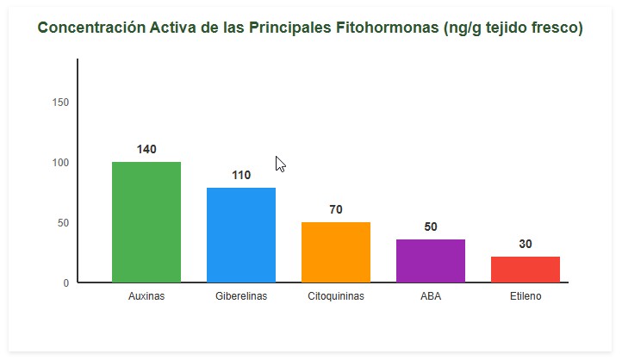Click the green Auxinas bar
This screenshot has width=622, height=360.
point(146,222)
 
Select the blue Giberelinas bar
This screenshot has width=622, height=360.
point(241,235)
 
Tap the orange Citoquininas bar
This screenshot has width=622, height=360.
point(336,252)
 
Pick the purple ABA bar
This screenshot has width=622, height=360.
point(431,261)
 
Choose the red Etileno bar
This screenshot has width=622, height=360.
point(526,270)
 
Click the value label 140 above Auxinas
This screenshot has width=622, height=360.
point(146,150)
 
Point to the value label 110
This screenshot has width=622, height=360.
point(241,176)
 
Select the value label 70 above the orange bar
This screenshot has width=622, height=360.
point(336,210)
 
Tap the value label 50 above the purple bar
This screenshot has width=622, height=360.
point(431,227)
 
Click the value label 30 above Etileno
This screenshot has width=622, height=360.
point(526,245)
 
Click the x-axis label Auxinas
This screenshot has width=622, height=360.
point(146,296)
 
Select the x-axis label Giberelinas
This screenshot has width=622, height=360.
point(241,296)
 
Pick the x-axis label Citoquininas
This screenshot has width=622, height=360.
point(336,296)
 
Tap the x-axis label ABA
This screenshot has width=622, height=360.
point(431,296)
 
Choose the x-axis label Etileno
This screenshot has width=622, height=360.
point(526,296)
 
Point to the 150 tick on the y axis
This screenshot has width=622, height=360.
point(60,102)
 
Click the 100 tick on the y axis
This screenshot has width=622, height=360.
point(60,163)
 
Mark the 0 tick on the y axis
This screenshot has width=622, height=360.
point(65,283)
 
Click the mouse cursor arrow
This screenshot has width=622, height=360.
point(280,164)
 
